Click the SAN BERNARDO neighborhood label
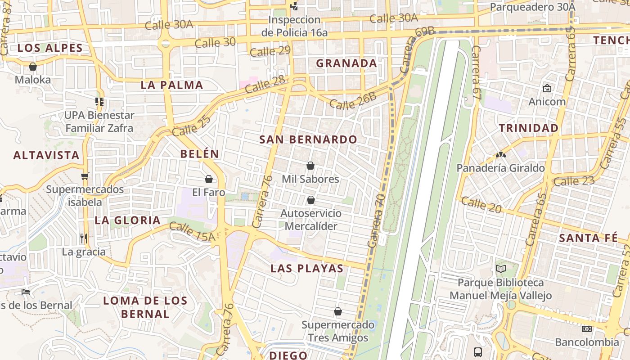pos(308,139)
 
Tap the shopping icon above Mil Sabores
pos(310,166)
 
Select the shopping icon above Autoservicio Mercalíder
pos(310,199)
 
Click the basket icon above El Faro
pos(209,179)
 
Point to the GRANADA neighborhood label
pos(346,63)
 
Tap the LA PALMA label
pos(172,85)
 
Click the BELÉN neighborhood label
pos(200,154)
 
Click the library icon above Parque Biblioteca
pos(500,269)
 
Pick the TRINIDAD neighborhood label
pos(529,128)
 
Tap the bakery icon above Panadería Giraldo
pos(500,155)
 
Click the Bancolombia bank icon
pos(587,329)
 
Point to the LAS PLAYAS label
pos(307,269)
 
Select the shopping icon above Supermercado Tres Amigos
pos(338,311)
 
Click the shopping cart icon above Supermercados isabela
pos(85,176)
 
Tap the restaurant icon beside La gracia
pos(83,238)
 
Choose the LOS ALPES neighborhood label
pos(50,48)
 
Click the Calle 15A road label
pos(193,232)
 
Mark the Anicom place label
pos(547,102)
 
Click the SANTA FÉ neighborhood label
pos(588,238)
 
